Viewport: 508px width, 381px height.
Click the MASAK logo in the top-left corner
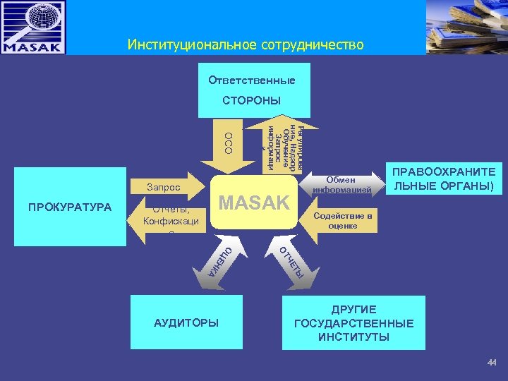point(33,28)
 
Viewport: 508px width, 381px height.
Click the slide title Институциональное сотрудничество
point(246,45)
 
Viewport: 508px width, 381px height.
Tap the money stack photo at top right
point(466,27)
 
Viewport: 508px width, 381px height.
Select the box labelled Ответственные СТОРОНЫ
point(251,90)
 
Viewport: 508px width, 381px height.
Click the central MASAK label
point(254,202)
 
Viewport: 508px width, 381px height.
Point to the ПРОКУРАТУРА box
point(70,207)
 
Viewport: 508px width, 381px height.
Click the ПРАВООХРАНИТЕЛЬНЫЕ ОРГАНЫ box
point(444,181)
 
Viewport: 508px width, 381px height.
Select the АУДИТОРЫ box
point(186,322)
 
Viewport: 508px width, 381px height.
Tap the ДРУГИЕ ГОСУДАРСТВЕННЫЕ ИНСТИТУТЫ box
point(353,323)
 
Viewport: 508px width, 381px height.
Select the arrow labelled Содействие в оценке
point(339,221)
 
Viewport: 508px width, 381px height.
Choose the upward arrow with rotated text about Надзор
point(283,145)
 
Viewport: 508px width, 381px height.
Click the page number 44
point(492,363)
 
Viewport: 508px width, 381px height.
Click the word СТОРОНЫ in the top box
point(251,100)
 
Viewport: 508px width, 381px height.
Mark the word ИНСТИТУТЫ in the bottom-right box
point(353,337)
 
